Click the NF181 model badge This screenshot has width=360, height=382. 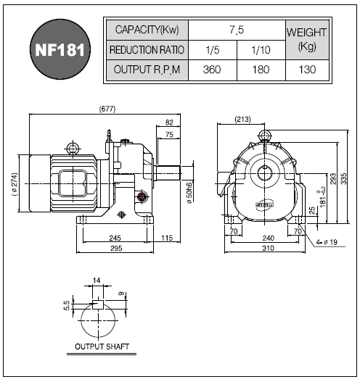60,49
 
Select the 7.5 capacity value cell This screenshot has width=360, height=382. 237,30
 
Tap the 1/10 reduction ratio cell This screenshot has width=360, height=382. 261,50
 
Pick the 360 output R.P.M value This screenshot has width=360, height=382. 212,70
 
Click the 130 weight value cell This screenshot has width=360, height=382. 307,70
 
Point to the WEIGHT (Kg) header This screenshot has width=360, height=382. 306,39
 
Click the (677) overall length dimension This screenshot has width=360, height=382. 107,109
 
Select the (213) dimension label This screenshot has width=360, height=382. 242,119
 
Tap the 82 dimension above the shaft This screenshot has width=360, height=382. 169,123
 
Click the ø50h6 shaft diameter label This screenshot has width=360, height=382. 189,193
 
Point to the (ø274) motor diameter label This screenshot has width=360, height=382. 15,184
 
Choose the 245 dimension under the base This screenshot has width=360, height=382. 115,238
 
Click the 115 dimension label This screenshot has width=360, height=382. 167,238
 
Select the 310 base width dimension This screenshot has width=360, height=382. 268,248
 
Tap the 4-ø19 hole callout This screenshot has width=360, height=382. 327,242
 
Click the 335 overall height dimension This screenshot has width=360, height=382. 343,178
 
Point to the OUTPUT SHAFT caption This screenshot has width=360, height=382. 102,346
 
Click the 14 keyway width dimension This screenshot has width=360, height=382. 97,281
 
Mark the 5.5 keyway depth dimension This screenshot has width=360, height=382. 67,306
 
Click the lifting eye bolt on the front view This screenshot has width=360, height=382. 265,136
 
